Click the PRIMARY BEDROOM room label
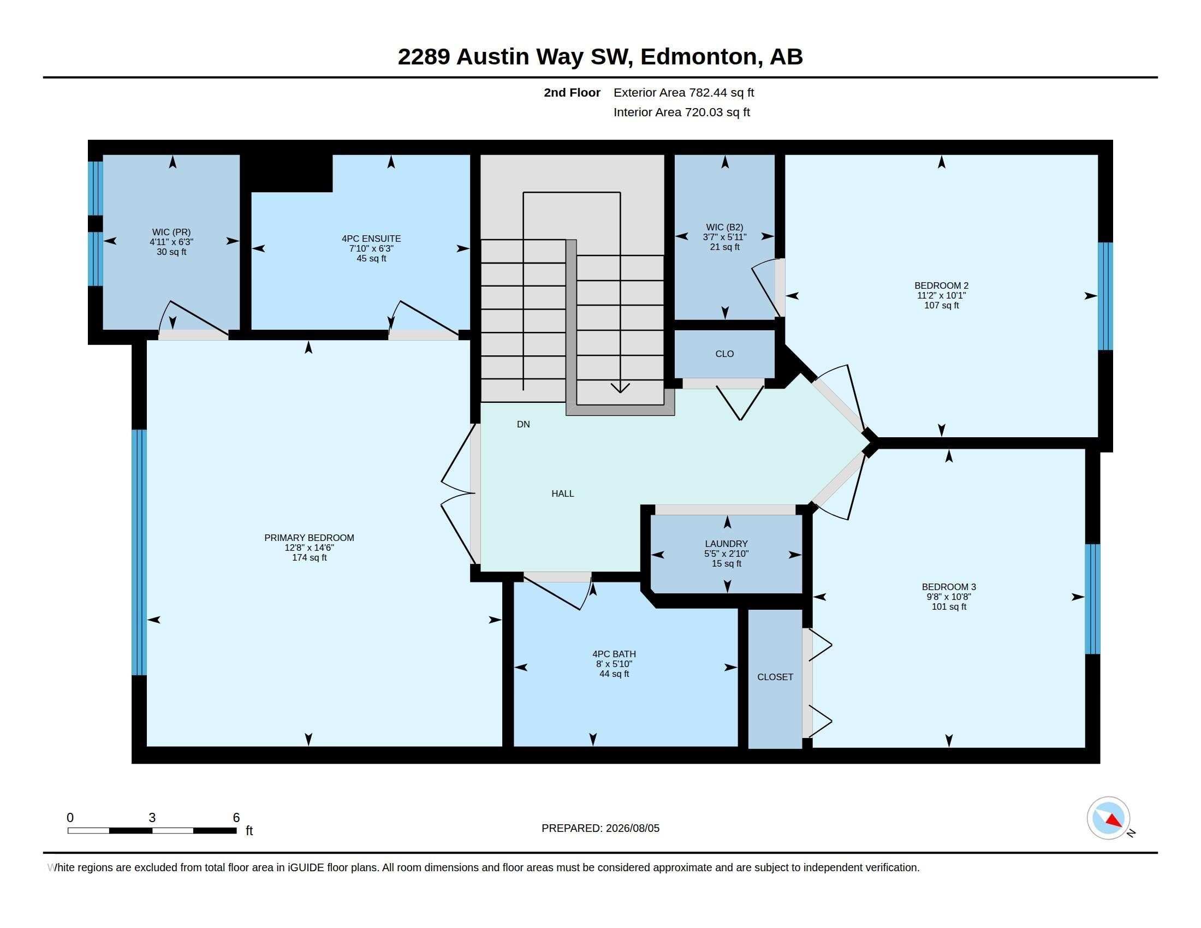309,538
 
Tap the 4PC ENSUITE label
371,239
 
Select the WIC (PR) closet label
171,232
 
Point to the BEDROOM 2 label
942,285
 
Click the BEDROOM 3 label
949,587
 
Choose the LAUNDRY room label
727,544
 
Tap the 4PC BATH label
614,654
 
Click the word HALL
562,493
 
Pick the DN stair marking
524,424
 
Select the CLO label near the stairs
725,354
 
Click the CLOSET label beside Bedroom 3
775,677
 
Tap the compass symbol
1109,818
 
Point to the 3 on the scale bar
152,818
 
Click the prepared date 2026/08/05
632,828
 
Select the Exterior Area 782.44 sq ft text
683,92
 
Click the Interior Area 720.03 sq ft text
682,112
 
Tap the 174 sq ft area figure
309,557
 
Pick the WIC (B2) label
725,227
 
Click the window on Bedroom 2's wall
1105,296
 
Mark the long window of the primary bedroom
139,552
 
